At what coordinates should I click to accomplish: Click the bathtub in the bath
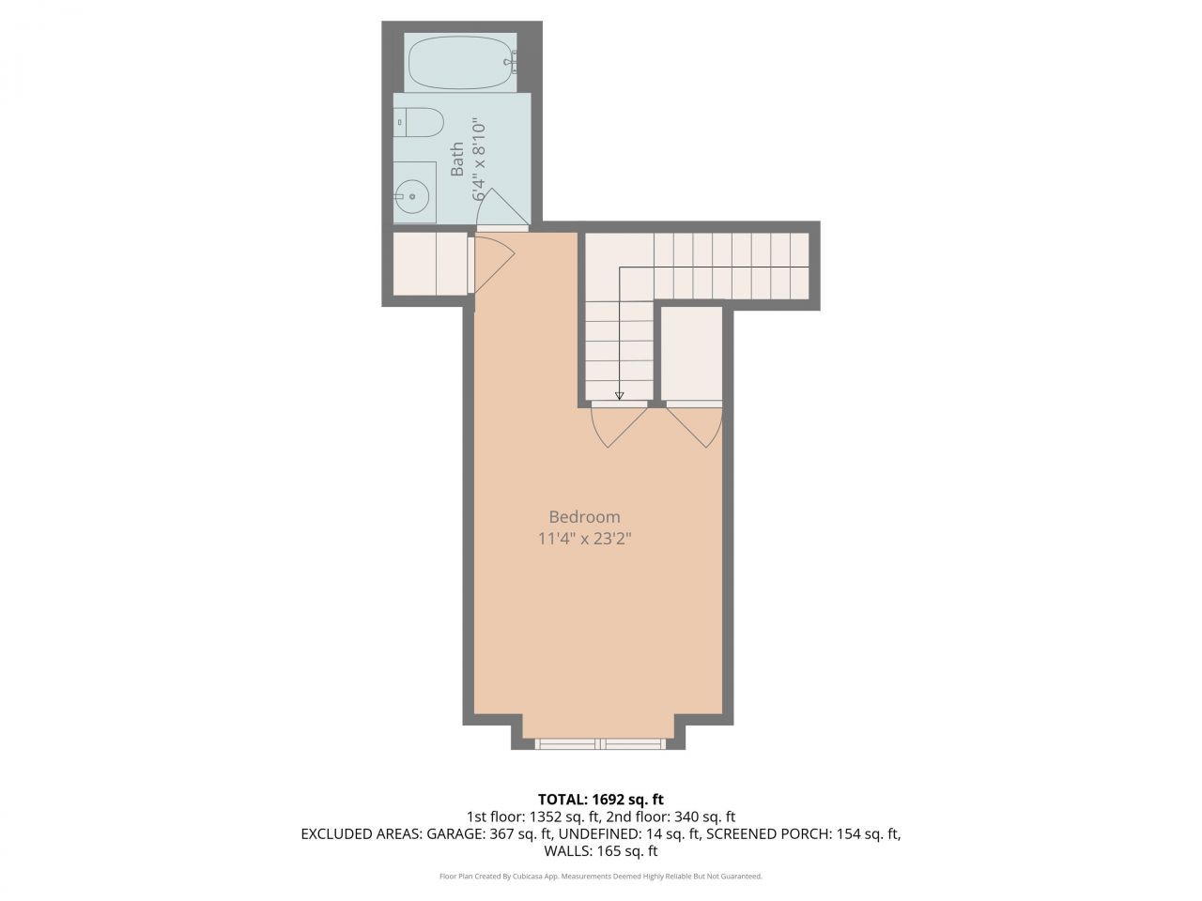[461, 61]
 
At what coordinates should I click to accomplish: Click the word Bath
[457, 159]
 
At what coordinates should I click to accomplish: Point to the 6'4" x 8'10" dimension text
[479, 159]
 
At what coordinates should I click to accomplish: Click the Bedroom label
[584, 516]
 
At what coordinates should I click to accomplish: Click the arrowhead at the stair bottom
[619, 396]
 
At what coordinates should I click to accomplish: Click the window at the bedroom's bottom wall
[599, 743]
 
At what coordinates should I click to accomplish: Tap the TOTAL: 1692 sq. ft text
[600, 799]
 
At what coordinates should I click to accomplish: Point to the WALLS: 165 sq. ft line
[600, 851]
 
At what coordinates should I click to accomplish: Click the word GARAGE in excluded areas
[457, 833]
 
